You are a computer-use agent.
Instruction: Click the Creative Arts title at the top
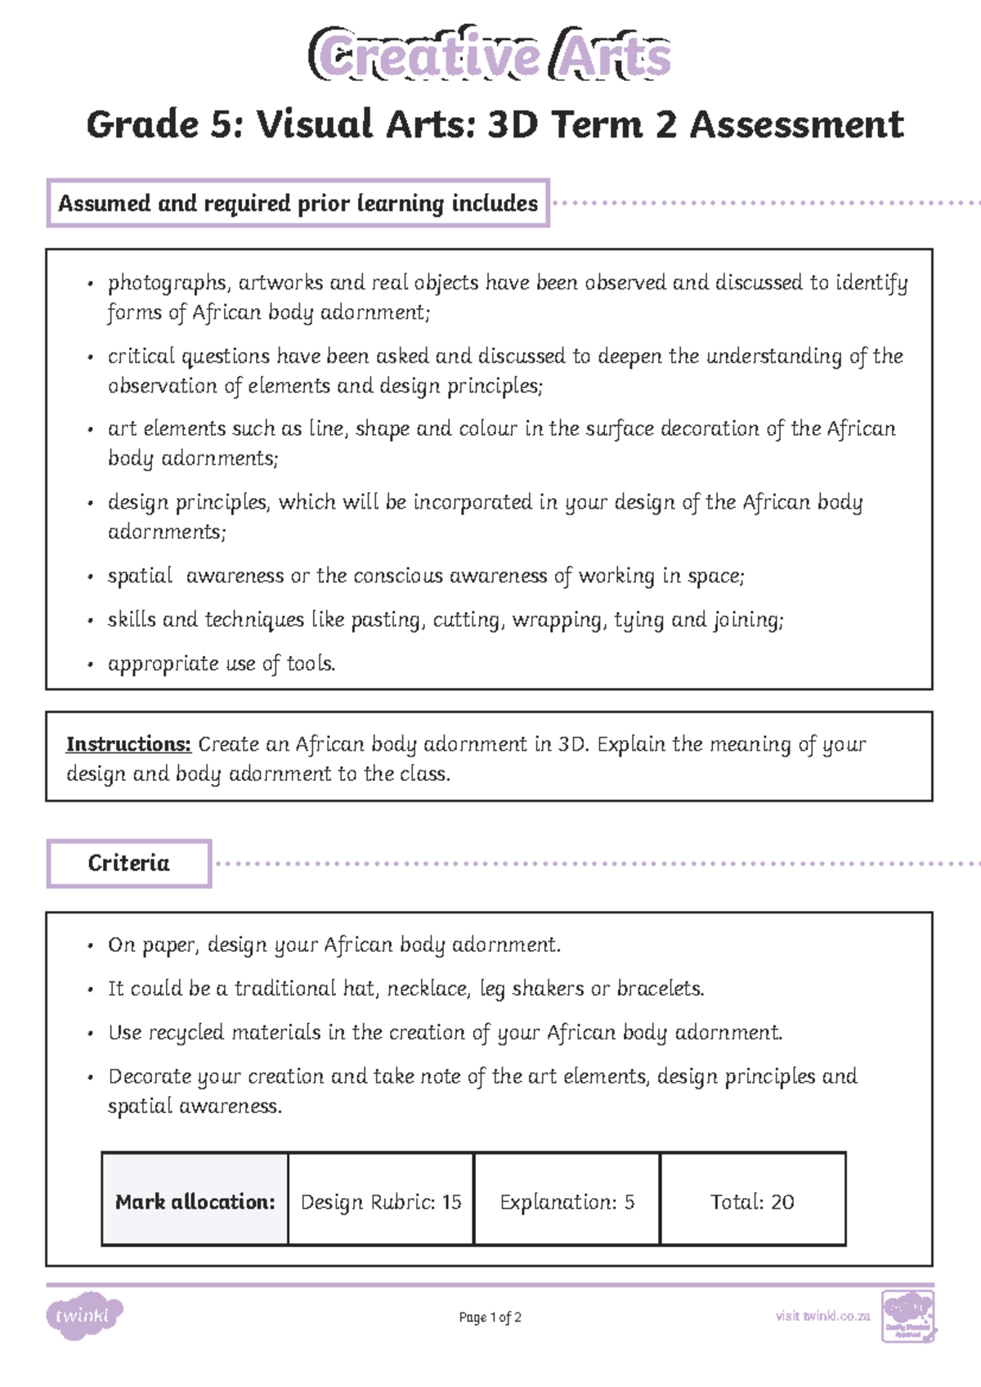tap(490, 55)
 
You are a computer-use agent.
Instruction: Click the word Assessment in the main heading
tap(796, 125)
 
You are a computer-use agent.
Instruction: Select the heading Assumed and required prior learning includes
tap(298, 203)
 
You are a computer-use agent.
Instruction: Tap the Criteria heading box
tap(129, 863)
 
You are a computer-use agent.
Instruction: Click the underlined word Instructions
tap(128, 744)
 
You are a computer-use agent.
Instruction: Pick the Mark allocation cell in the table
tap(195, 1201)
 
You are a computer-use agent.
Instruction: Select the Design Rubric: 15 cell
tap(381, 1201)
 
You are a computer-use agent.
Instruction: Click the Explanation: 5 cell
tap(567, 1201)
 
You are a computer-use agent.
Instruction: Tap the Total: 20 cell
tap(752, 1201)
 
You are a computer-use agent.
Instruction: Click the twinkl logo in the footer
tap(83, 1316)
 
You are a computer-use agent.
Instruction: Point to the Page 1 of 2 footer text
tap(490, 1317)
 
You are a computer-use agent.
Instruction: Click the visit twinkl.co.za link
tap(822, 1316)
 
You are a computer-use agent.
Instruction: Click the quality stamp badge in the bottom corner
tap(908, 1316)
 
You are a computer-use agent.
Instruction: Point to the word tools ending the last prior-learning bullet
tap(309, 663)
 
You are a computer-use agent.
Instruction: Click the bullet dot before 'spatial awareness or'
tap(91, 577)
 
